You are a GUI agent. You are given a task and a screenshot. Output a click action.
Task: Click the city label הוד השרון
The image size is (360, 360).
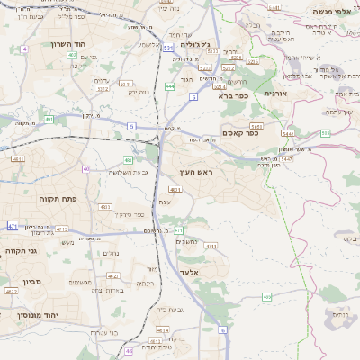(x=67, y=43)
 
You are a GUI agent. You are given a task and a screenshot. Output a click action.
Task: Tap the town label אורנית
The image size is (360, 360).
(x=274, y=93)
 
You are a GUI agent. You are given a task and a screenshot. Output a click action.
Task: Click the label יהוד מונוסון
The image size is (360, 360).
(x=32, y=315)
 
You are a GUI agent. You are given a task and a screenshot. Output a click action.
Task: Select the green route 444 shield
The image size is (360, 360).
(x=170, y=86)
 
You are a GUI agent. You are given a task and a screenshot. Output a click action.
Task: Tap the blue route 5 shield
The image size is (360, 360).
(x=131, y=127)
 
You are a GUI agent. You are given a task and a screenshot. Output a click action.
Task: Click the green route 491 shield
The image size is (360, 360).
(x=49, y=119)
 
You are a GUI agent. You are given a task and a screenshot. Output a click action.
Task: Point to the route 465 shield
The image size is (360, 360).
(x=267, y=296)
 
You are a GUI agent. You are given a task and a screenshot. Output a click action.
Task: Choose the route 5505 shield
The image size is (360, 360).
(x=258, y=127)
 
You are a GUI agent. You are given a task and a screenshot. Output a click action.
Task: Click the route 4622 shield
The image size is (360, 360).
(x=11, y=292)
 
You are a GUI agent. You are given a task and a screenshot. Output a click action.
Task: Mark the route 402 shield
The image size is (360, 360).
(x=71, y=55)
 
